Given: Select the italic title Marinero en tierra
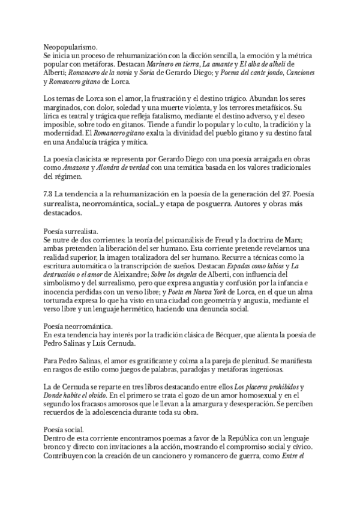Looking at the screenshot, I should pyautogui.click(x=172, y=63).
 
